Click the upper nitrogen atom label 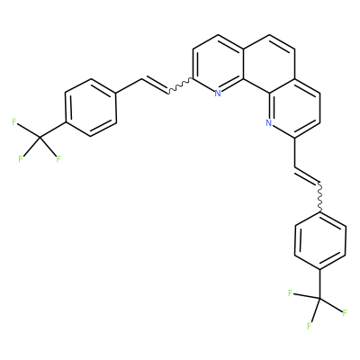click(x=218, y=94)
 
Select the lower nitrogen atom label click(x=268, y=122)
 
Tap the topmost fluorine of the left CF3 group click(x=14, y=121)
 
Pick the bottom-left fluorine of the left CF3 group click(x=21, y=159)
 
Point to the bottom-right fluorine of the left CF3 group click(x=58, y=159)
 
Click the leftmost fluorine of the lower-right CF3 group click(x=290, y=293)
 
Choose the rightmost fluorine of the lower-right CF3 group click(x=345, y=313)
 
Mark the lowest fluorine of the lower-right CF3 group click(x=309, y=326)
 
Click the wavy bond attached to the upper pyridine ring click(x=180, y=86)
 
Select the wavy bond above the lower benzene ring click(x=320, y=197)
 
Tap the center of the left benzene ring click(x=91, y=108)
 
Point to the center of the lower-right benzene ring click(x=320, y=241)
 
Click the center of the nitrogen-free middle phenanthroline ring click(x=269, y=64)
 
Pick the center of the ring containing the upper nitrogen click(x=219, y=64)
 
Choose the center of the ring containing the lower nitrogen click(x=294, y=108)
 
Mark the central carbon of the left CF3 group click(x=40, y=138)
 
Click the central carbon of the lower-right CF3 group click(x=320, y=299)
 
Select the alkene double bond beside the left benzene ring click(x=155, y=85)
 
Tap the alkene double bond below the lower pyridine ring click(x=308, y=175)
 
